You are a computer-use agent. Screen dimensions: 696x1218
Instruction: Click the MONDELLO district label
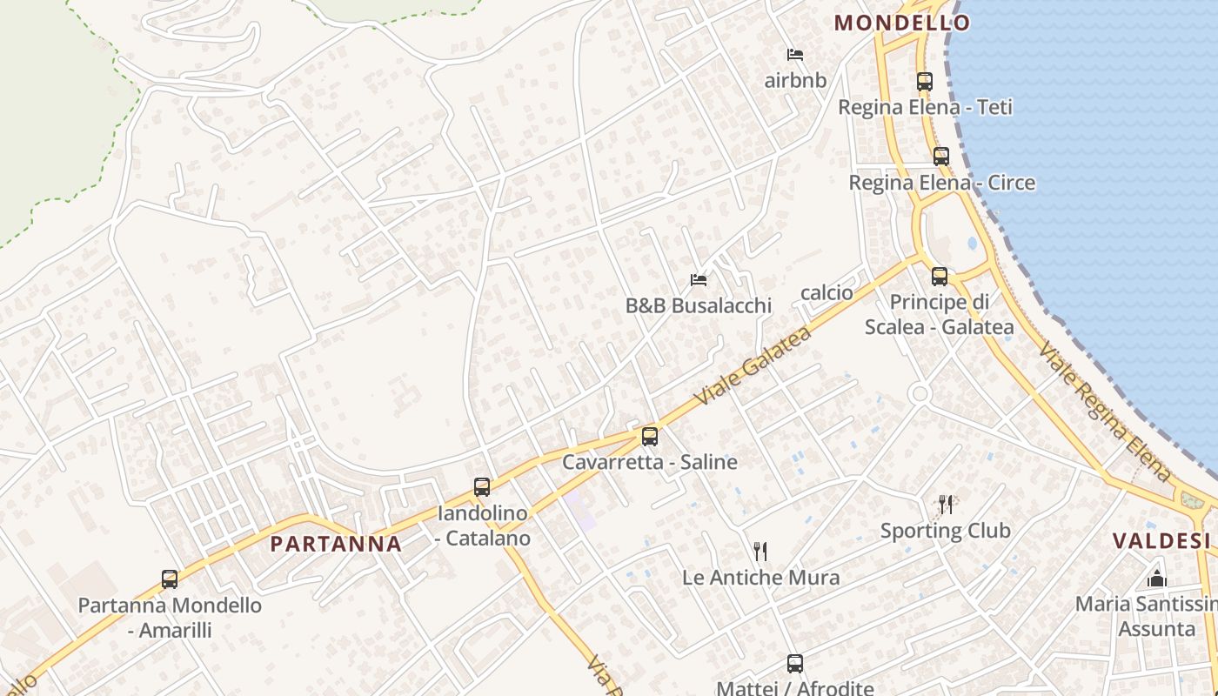pyautogui.click(x=902, y=23)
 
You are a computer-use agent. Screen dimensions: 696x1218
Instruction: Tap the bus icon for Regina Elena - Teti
pyautogui.click(x=924, y=82)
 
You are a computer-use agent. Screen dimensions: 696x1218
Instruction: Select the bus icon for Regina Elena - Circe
pyautogui.click(x=940, y=157)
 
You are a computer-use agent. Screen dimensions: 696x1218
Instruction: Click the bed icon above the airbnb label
pyautogui.click(x=794, y=55)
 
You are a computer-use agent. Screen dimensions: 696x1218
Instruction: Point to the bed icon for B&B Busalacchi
pyautogui.click(x=698, y=280)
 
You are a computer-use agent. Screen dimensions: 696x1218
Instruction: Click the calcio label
pyautogui.click(x=826, y=292)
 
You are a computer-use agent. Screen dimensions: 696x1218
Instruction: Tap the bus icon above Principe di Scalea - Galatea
pyautogui.click(x=939, y=277)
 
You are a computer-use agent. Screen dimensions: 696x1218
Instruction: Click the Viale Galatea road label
pyautogui.click(x=753, y=365)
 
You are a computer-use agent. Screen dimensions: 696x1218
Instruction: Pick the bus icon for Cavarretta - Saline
pyautogui.click(x=649, y=437)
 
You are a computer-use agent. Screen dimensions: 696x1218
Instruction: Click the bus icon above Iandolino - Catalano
pyautogui.click(x=482, y=487)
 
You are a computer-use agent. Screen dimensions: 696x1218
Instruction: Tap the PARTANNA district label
pyautogui.click(x=336, y=545)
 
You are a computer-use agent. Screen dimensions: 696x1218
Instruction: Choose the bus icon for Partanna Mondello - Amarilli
pyautogui.click(x=170, y=579)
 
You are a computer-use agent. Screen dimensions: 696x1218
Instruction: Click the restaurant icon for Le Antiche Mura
pyautogui.click(x=760, y=551)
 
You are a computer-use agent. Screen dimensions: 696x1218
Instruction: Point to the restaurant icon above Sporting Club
pyautogui.click(x=946, y=505)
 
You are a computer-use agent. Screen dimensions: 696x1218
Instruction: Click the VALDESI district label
pyautogui.click(x=1162, y=541)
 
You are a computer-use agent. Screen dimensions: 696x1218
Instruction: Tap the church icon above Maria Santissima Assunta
pyautogui.click(x=1157, y=578)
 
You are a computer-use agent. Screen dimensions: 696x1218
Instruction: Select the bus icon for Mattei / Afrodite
pyautogui.click(x=794, y=664)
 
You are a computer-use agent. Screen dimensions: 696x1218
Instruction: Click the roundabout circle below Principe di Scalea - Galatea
pyautogui.click(x=920, y=394)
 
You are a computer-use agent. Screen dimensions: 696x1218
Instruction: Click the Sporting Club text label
pyautogui.click(x=946, y=531)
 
